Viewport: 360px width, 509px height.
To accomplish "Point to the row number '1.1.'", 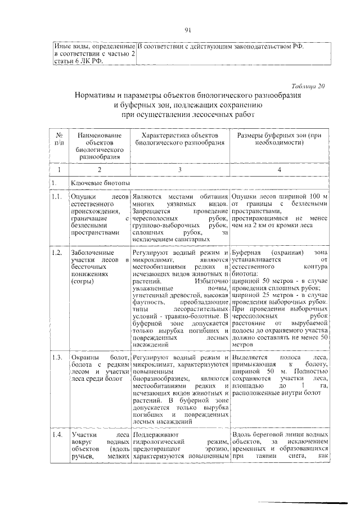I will point(56,196).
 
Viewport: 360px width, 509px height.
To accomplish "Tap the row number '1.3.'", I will point(56,358).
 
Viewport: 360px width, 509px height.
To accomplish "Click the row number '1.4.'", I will point(56,435).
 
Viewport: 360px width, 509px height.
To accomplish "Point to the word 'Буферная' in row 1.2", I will point(245,254).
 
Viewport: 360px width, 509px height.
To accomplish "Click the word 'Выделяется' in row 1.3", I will point(249,358).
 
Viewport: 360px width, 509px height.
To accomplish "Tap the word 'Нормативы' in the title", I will point(97,96).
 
